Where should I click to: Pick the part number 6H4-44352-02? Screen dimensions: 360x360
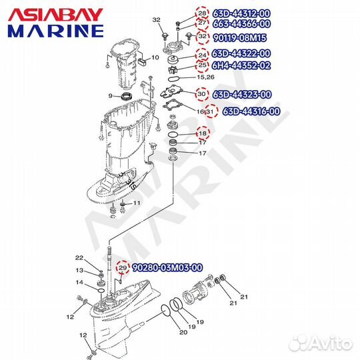pos(241,65)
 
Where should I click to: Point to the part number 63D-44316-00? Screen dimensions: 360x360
pos(251,111)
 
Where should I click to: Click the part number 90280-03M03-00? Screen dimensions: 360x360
pos(167,268)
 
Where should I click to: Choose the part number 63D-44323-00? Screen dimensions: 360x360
pos(241,94)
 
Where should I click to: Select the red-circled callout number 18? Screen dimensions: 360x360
pos(202,134)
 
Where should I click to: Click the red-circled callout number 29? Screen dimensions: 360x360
pos(122,268)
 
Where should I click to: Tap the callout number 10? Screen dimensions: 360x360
pos(155,58)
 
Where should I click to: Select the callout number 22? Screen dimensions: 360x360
pos(79,258)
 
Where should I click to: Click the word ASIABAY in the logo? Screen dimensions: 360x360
pos(55,13)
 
